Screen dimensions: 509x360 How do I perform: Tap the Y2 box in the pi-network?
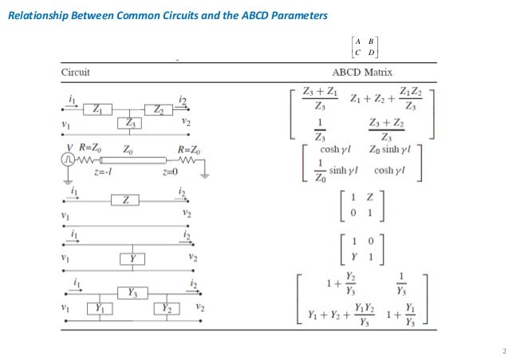pyautogui.click(x=168, y=307)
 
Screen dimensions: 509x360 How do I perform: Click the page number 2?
pyautogui.click(x=503, y=352)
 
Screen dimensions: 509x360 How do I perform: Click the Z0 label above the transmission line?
pyautogui.click(x=128, y=148)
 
